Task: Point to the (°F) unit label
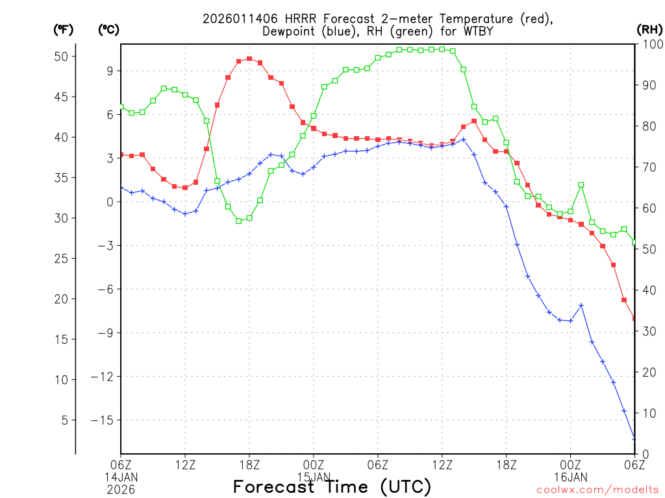pos(63,29)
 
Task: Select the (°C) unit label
pos(108,29)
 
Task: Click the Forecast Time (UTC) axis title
pos(332,486)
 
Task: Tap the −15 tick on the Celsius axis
pos(104,420)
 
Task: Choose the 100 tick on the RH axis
pos(651,44)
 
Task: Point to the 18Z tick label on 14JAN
pos(249,464)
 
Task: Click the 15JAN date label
pos(314,477)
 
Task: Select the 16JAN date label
pos(571,477)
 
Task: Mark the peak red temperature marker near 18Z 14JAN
pos(249,59)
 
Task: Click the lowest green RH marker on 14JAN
pos(238,220)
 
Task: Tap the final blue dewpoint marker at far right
pos(634,439)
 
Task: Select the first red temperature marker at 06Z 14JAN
pos(121,155)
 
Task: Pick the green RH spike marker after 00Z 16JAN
pos(581,185)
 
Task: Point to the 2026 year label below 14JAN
pos(121,488)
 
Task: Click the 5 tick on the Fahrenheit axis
pos(64,420)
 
